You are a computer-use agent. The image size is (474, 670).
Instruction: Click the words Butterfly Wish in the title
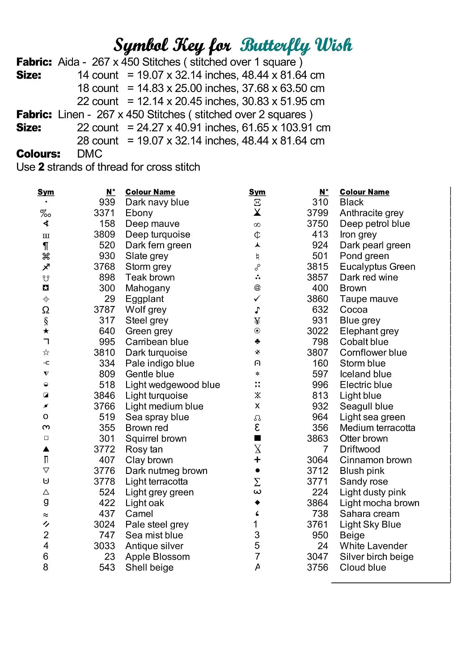(296, 46)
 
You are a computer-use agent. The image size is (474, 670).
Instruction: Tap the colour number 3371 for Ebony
(104, 213)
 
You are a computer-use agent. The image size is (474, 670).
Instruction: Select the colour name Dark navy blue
(157, 202)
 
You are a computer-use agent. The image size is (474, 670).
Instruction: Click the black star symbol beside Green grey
(46, 331)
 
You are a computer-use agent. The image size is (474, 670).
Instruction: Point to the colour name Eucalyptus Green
(377, 267)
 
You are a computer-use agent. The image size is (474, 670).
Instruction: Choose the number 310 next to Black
(320, 202)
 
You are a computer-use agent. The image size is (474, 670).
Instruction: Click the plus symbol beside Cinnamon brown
(257, 460)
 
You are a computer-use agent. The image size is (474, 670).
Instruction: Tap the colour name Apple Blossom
(157, 557)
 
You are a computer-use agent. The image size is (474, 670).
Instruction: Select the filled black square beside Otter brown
(257, 438)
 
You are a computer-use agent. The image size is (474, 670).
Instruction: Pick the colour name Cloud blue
(363, 567)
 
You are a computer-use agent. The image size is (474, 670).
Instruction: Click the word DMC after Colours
(89, 154)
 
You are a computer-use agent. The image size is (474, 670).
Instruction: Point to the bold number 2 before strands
(41, 167)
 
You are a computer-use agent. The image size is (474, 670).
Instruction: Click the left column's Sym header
(46, 192)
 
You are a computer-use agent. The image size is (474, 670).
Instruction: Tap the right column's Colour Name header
(364, 192)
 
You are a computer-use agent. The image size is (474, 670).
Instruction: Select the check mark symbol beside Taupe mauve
(257, 298)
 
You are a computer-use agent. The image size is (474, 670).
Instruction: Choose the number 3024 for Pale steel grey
(104, 524)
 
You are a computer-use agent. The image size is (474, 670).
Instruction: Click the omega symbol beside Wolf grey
(46, 310)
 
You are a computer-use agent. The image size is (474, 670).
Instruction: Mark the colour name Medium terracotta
(377, 428)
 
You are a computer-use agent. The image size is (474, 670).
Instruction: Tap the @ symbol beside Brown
(257, 288)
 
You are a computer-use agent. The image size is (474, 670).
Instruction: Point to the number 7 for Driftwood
(326, 449)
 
